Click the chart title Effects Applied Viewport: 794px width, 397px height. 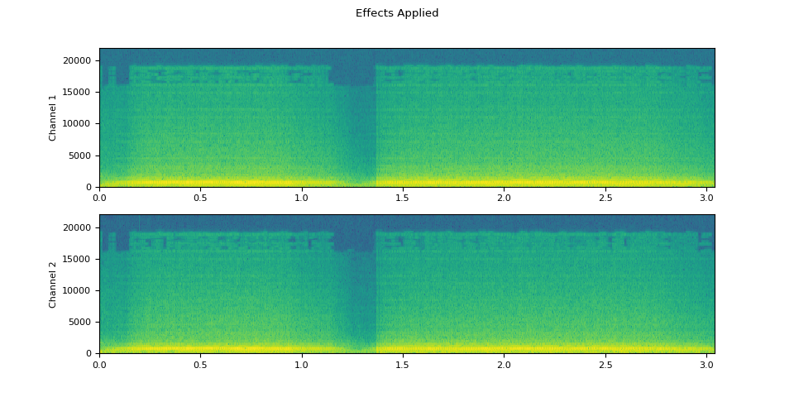(x=397, y=13)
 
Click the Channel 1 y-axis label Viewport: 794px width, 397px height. (x=53, y=117)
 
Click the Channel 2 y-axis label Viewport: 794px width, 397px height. (x=53, y=285)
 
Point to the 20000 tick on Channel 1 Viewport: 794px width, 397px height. (x=81, y=60)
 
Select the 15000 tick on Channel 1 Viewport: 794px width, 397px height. (x=81, y=92)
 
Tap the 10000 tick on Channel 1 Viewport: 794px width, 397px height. (x=81, y=124)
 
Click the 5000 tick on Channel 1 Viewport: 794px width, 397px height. (x=84, y=155)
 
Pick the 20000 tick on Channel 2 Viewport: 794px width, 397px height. (x=81, y=227)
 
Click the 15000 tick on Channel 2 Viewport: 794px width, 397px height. (x=81, y=259)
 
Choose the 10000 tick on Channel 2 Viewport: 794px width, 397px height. (x=81, y=290)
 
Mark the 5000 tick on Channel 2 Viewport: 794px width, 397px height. (x=84, y=322)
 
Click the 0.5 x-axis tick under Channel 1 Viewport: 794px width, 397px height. (x=200, y=198)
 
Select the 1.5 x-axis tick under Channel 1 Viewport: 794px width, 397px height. (x=403, y=198)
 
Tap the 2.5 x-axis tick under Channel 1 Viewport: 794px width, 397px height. (x=605, y=198)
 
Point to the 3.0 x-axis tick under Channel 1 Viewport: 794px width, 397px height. (x=706, y=198)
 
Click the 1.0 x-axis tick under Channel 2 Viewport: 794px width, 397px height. (x=302, y=364)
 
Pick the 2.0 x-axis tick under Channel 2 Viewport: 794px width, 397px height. (x=504, y=364)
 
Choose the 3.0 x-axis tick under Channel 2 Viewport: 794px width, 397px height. (x=706, y=364)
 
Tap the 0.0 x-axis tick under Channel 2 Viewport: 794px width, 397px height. (x=99, y=364)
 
